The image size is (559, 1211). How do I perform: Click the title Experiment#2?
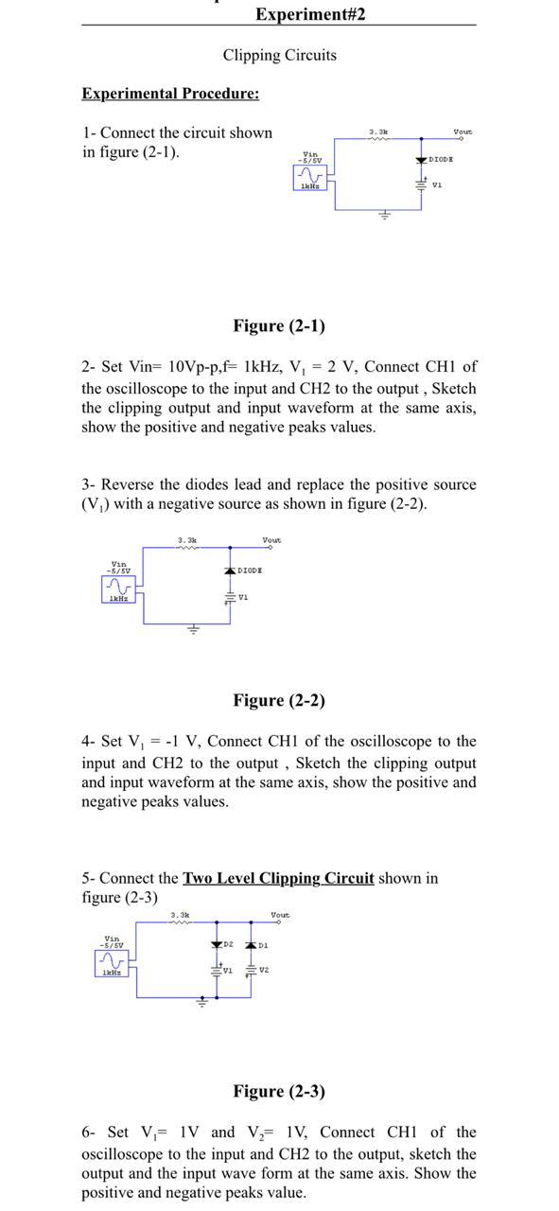[309, 13]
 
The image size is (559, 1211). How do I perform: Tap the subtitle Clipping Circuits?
[279, 55]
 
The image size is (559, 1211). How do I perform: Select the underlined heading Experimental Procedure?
[170, 93]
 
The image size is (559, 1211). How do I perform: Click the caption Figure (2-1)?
[279, 325]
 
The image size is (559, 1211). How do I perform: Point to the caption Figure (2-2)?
[279, 700]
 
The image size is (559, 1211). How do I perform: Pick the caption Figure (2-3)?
[279, 1091]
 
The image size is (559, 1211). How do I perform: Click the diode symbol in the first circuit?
[421, 161]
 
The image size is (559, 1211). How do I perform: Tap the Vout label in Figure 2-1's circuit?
[463, 132]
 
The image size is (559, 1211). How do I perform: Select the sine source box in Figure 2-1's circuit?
[310, 177]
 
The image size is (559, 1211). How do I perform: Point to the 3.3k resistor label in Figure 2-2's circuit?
[187, 540]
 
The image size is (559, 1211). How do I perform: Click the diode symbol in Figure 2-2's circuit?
[230, 571]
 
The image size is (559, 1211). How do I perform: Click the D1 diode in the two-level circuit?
[251, 945]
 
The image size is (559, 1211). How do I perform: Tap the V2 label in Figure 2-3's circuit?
[264, 970]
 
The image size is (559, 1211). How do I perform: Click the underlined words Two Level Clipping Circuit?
[278, 878]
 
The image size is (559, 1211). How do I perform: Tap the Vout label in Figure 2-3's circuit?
[280, 915]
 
